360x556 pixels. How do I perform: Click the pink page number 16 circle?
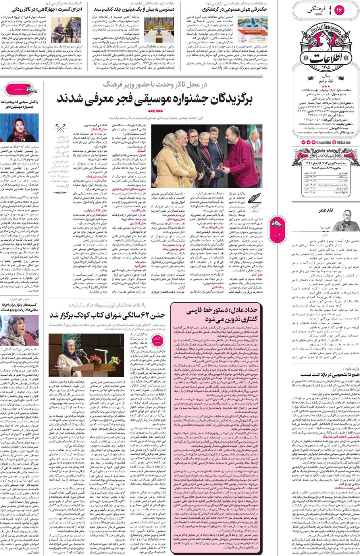point(339,10)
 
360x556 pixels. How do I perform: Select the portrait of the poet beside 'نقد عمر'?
point(342,225)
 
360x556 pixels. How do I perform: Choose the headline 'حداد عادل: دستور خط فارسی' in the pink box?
point(216,314)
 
